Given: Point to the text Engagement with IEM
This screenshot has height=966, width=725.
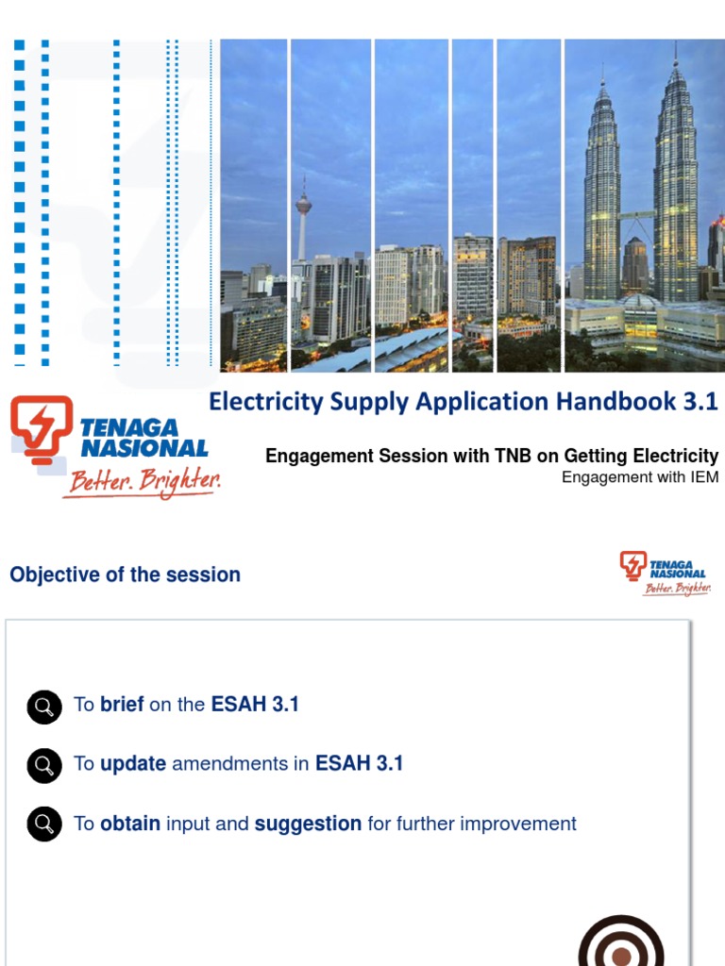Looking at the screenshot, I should pos(640,477).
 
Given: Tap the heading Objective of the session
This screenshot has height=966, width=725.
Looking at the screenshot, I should pos(125,575).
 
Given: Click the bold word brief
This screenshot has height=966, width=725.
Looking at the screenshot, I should pos(122,705).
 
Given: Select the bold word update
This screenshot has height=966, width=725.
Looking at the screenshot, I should pos(133,764).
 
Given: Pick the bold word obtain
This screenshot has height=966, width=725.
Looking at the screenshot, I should pos(130,824).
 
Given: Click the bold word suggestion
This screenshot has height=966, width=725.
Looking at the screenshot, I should pos(308,824).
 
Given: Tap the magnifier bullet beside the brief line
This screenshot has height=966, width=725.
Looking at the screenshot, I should pos(44,706).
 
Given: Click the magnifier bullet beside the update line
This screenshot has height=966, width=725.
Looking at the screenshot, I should pos(44,765).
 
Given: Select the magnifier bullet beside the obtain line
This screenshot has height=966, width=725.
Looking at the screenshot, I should pos(44,824).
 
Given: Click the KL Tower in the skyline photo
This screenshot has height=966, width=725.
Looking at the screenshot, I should pos(303,208).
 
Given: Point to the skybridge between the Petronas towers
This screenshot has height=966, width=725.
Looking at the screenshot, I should pos(637,216).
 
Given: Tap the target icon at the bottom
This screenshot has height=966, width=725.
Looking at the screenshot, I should pos(620,943).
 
